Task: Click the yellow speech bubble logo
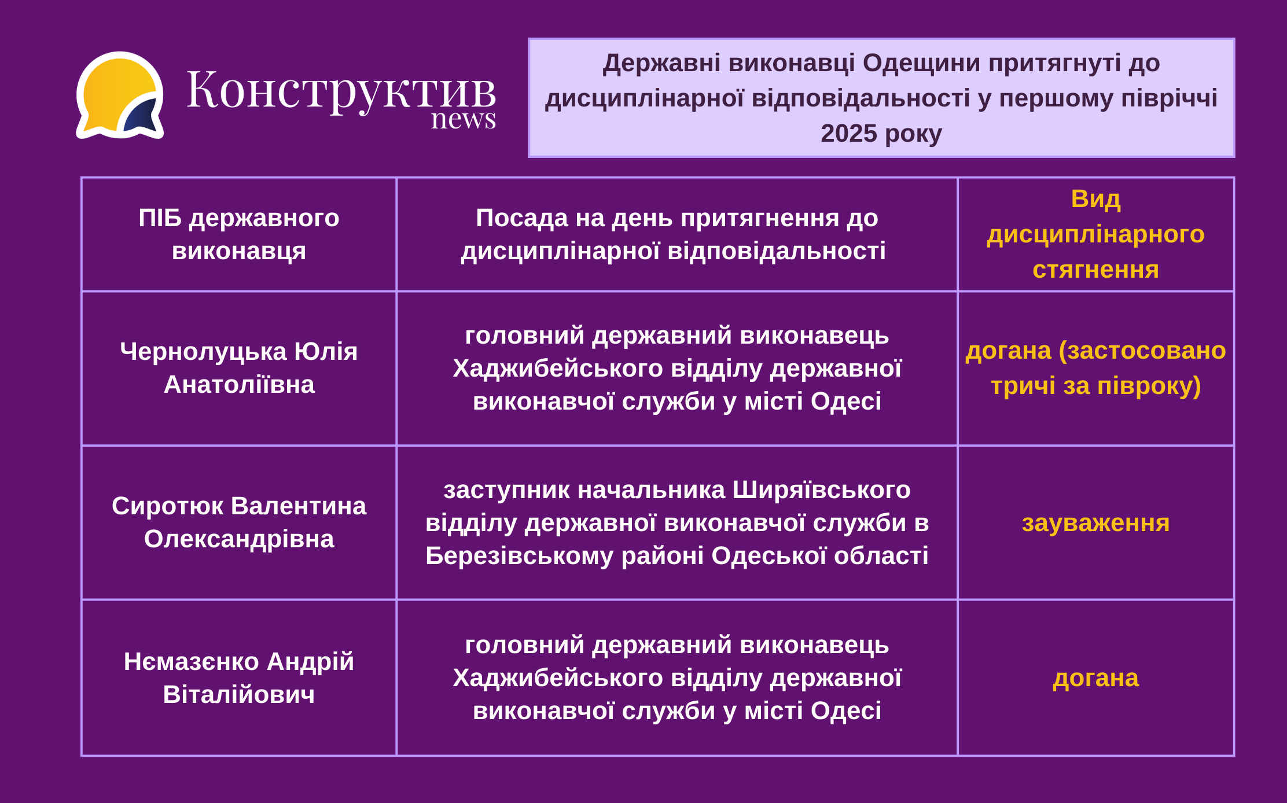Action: click(120, 95)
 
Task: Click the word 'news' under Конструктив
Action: click(464, 119)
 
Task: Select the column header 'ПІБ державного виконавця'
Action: click(239, 234)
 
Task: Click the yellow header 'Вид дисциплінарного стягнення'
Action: click(1095, 234)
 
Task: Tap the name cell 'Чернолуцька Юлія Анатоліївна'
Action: click(239, 368)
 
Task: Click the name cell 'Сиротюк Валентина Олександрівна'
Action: click(239, 522)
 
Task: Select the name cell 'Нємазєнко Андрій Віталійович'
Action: click(239, 677)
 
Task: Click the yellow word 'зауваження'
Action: click(1095, 523)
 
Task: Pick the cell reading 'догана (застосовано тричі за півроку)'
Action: click(1095, 368)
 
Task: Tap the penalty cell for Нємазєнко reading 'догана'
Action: click(1095, 678)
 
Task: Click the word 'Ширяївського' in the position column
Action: click(822, 490)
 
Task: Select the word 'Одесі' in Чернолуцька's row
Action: click(846, 401)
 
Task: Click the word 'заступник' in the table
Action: click(507, 491)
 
